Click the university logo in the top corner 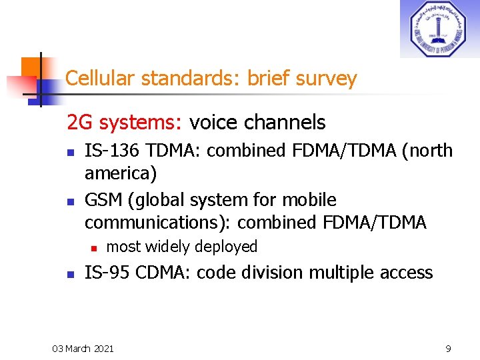point(439,29)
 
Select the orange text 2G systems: point(125,123)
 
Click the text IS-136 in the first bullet point(108,151)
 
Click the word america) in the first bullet point(121,174)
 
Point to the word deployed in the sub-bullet point(229,247)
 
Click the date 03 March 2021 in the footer point(83,348)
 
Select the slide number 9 point(449,348)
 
